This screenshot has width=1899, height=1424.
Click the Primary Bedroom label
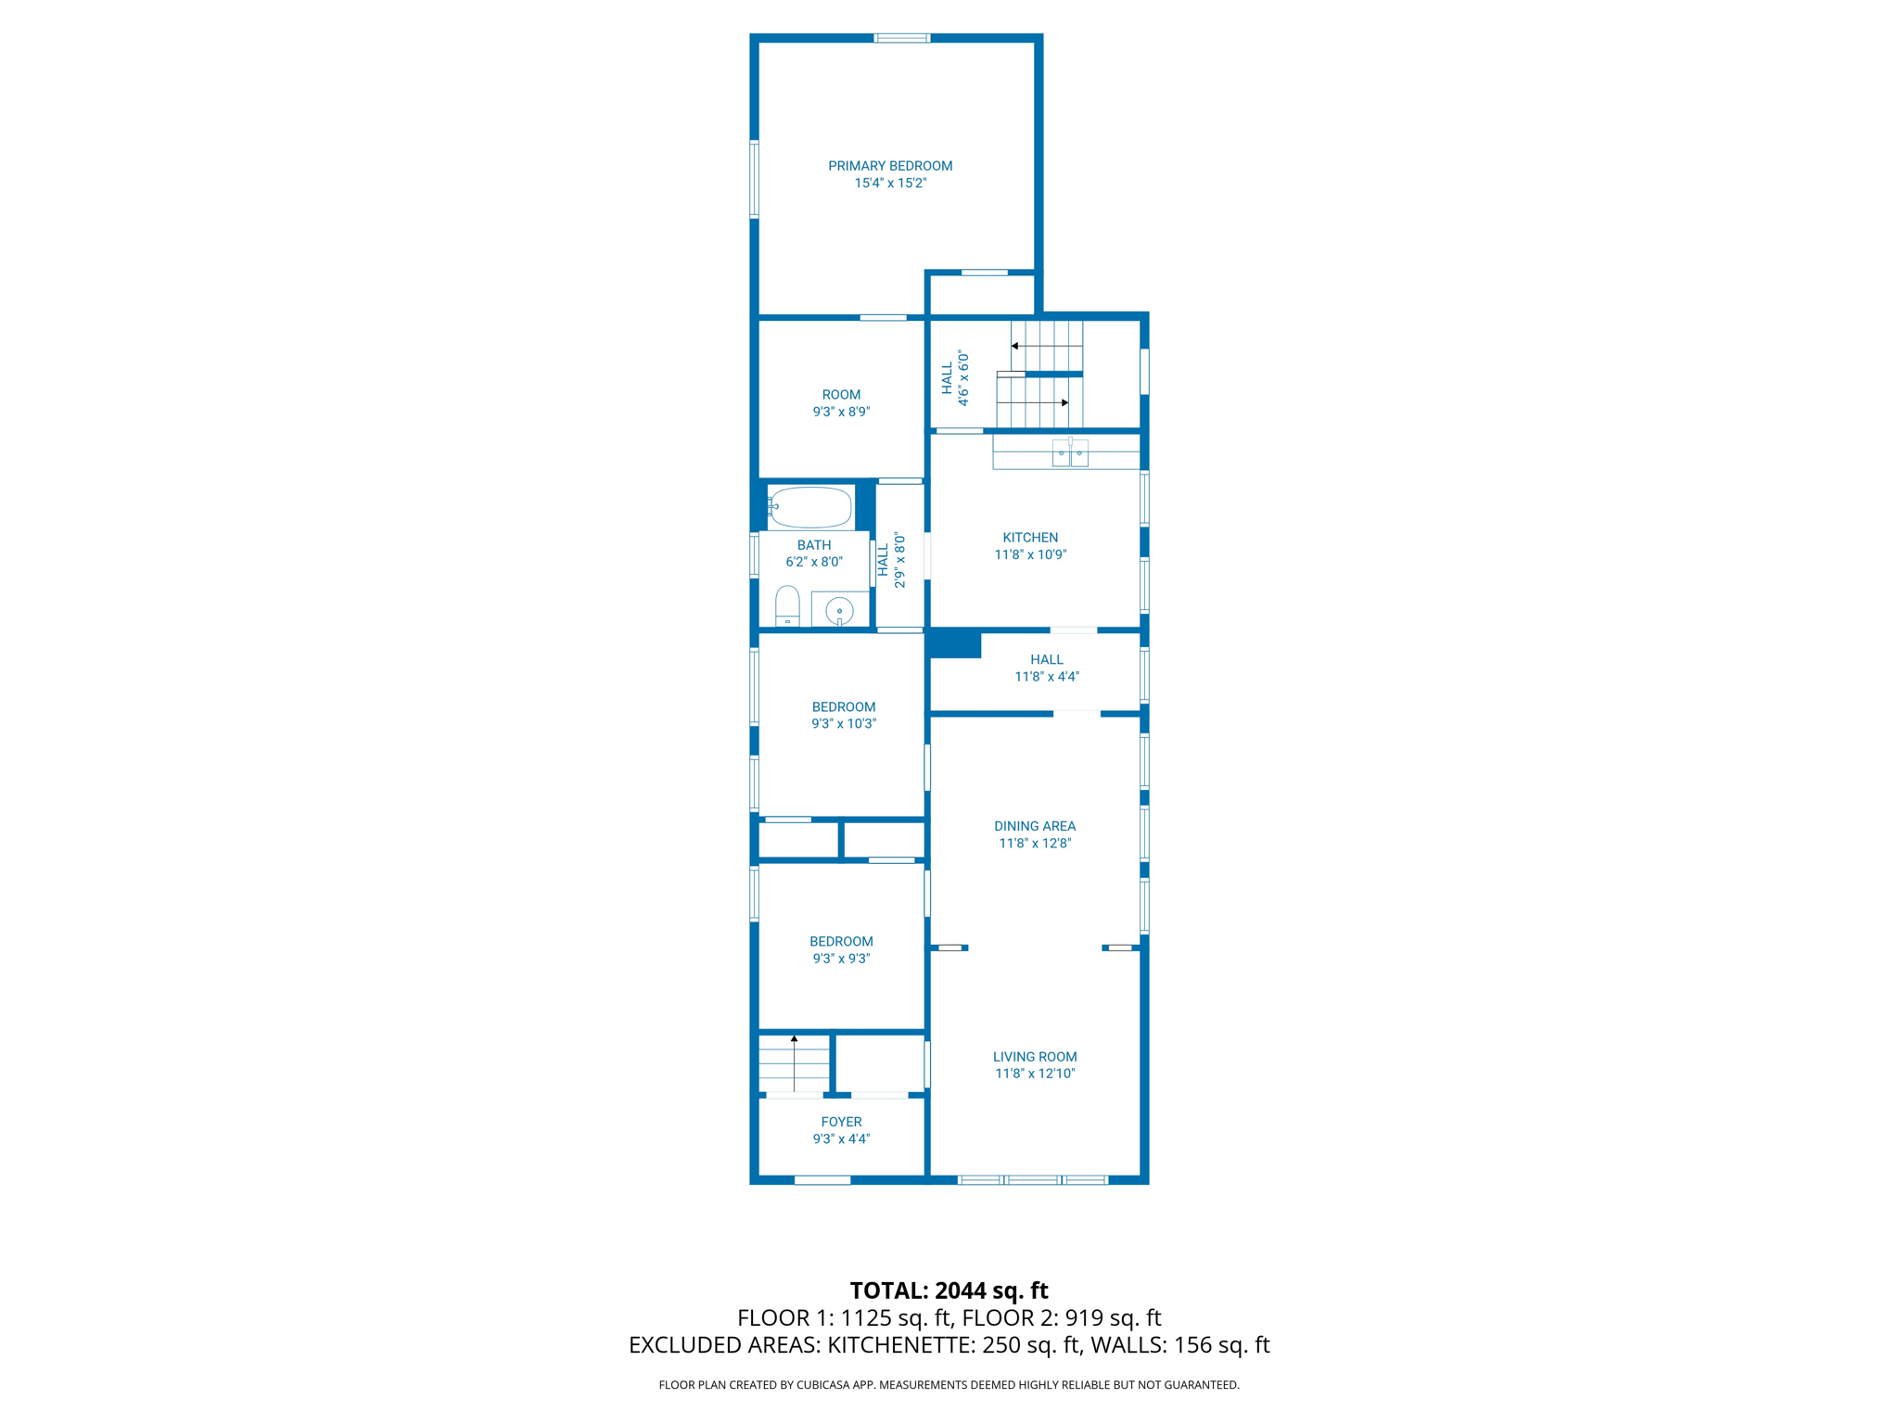coord(890,166)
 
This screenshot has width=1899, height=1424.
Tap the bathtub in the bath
coord(810,507)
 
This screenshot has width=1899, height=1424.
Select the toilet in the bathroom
coord(787,606)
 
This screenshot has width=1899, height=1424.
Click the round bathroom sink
coord(839,611)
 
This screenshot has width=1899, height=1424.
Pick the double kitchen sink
coord(1070,455)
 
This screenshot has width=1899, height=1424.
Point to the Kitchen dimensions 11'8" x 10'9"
coord(1030,554)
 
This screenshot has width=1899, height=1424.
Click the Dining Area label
coord(1035,826)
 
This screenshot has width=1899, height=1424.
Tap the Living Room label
coord(1035,1057)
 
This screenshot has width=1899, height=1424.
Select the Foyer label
coord(841,1122)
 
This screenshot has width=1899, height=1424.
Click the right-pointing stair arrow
coord(1064,402)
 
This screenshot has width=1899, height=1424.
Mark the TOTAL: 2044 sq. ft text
coord(949,1290)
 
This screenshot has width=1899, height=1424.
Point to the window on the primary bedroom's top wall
coord(902,38)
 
